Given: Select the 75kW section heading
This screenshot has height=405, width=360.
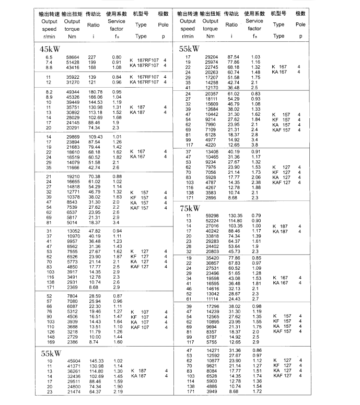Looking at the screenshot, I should point(190,208).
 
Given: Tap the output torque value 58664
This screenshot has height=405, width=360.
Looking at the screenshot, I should point(72,57).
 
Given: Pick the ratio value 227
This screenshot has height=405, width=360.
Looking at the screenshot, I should point(92,57).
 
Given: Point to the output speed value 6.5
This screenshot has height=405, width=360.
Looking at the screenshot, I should point(49,57).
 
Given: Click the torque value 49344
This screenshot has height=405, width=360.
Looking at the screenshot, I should point(72,92).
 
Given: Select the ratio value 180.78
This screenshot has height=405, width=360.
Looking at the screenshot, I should point(95,92).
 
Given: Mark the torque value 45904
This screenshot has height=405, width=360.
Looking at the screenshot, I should point(72,361).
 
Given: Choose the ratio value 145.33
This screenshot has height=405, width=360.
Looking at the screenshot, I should point(95,361).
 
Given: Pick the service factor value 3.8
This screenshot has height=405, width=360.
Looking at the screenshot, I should point(256,145).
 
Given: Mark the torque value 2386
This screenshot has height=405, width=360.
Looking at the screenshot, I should point(73,342).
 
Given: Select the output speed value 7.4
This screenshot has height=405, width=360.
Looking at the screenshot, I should point(49,62).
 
